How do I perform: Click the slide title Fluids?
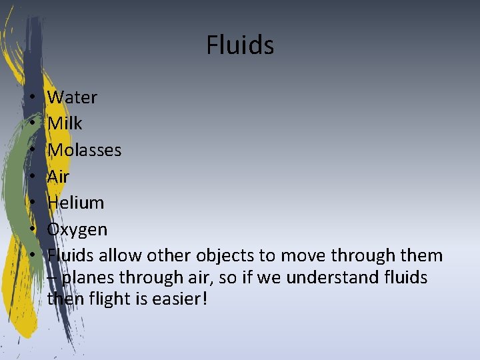240,45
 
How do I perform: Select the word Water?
72,97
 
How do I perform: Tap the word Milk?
65,123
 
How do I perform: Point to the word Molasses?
84,150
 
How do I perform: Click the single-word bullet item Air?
58,177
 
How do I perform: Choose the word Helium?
75,203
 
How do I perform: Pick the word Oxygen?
77,229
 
